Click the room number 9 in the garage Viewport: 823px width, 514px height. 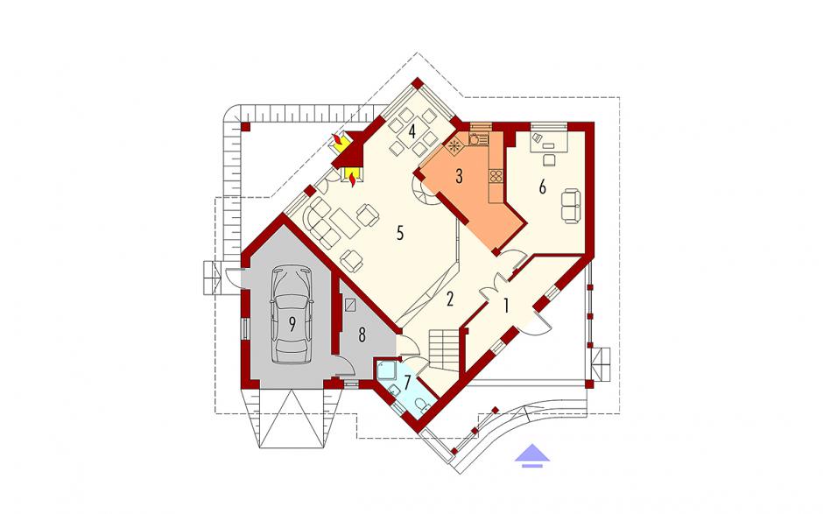pyautogui.click(x=292, y=324)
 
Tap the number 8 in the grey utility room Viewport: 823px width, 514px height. pyautogui.click(x=362, y=335)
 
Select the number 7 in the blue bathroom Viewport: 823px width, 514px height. pyautogui.click(x=407, y=380)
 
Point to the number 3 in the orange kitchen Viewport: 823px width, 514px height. pyautogui.click(x=460, y=176)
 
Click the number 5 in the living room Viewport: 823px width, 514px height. pyautogui.click(x=400, y=233)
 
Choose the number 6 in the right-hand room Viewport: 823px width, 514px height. pyautogui.click(x=543, y=187)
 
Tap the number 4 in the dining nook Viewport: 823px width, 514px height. pyautogui.click(x=412, y=130)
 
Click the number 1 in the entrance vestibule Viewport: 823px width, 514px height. pyautogui.click(x=506, y=306)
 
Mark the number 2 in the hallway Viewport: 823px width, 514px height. pyautogui.click(x=449, y=299)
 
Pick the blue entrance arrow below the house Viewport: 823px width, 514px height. pyautogui.click(x=531, y=454)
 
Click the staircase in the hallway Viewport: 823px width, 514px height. pyautogui.click(x=445, y=349)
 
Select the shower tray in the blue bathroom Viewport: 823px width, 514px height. pyautogui.click(x=387, y=370)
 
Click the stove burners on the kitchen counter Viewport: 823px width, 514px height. pyautogui.click(x=496, y=176)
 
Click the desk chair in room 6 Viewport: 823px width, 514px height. pyautogui.click(x=550, y=159)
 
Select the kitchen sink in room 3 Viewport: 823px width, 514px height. pyautogui.click(x=475, y=139)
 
